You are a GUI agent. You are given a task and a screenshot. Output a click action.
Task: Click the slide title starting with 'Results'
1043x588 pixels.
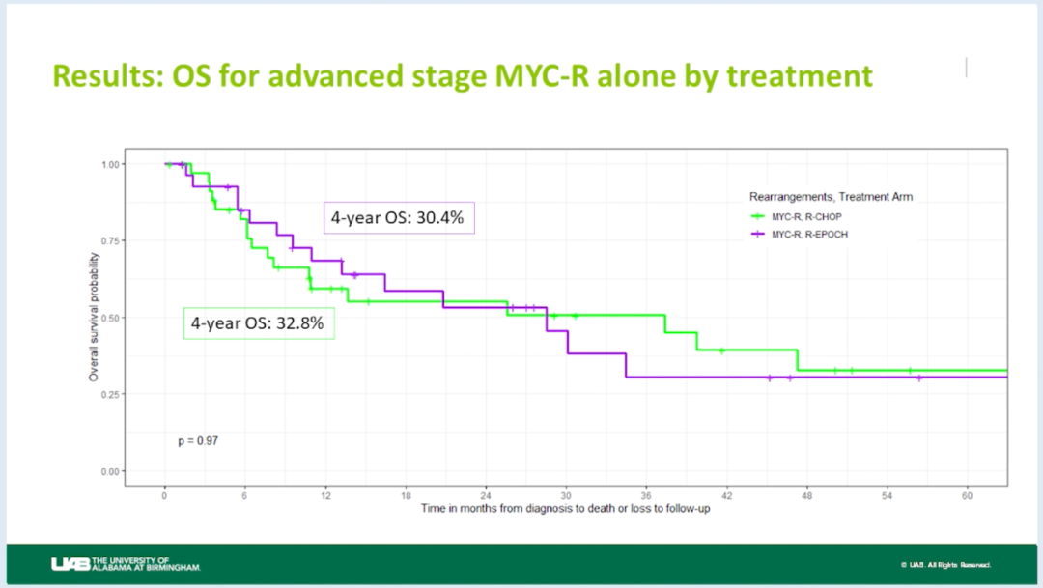tap(463, 75)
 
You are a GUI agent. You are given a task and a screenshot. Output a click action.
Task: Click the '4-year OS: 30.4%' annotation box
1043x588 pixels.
tap(398, 218)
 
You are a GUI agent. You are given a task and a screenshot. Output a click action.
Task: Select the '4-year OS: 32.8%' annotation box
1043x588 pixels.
tap(259, 323)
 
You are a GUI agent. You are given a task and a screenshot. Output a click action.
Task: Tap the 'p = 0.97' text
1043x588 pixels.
tap(198, 441)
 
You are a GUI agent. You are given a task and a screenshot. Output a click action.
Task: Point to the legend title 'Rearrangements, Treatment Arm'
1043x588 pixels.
tap(831, 197)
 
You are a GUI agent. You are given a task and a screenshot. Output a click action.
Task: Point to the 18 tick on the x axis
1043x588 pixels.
tap(406, 495)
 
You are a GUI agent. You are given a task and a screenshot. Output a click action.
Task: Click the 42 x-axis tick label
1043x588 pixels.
tap(726, 495)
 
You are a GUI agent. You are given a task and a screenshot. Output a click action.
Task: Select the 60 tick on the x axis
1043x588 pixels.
tap(967, 495)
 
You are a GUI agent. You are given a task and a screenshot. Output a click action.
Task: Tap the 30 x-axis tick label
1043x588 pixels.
tap(566, 495)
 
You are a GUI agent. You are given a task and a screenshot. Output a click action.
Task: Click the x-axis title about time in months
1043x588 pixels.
tap(566, 509)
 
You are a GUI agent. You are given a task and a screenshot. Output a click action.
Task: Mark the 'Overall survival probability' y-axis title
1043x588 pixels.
tap(95, 317)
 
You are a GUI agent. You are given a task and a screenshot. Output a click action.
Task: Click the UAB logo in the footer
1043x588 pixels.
tap(127, 563)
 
